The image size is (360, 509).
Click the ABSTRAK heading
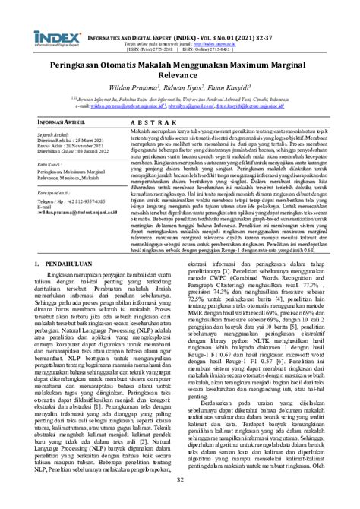point(151,141)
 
